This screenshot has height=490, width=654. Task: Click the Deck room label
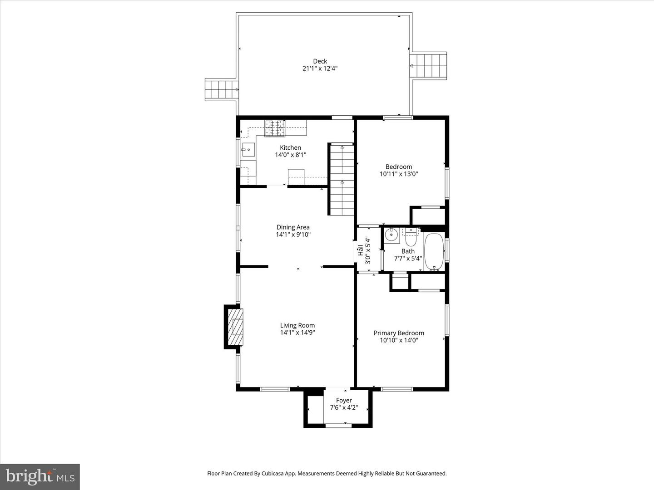coord(320,61)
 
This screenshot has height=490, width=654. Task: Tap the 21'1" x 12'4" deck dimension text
coord(320,69)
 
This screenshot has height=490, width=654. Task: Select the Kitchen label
coord(290,147)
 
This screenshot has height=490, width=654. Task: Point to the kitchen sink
coord(248,149)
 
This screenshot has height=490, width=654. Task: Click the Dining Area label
coord(293,227)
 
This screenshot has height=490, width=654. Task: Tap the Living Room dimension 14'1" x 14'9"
coord(297,333)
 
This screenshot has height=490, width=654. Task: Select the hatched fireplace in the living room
coord(235,326)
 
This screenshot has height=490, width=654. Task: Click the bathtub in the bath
coord(434,252)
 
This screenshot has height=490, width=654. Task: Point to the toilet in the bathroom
coord(411,236)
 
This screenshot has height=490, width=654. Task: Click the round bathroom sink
coord(391,235)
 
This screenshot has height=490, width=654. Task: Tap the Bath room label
coord(408,251)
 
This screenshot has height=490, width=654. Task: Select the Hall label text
coord(360,250)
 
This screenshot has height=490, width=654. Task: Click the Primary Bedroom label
coord(399,333)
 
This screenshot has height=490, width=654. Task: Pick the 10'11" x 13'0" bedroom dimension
coord(399,174)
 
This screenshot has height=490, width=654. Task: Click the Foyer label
coord(344,400)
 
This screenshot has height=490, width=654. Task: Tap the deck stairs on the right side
coord(429,66)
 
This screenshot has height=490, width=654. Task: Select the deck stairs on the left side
coord(222,89)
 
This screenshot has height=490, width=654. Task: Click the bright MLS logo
coord(40,476)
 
